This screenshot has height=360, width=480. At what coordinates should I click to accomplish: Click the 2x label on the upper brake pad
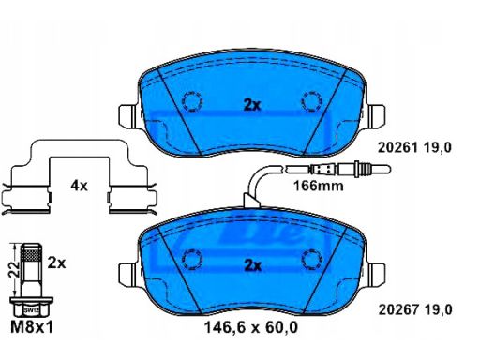click(250, 105)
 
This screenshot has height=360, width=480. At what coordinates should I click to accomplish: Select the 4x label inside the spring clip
click(79, 186)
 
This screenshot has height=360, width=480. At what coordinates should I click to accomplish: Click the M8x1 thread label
click(31, 328)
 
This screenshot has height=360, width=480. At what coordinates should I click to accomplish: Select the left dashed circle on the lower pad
click(191, 259)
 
